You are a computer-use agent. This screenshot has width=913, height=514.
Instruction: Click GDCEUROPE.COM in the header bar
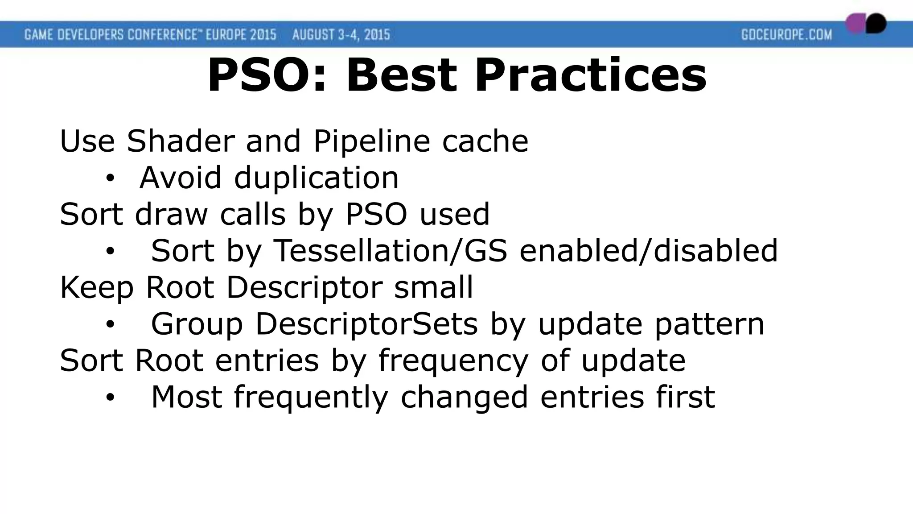click(786, 34)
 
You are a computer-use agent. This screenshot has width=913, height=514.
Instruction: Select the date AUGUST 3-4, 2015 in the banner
click(341, 34)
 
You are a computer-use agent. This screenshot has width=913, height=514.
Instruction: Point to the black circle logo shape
click(876, 23)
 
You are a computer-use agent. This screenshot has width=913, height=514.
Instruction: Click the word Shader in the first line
click(180, 141)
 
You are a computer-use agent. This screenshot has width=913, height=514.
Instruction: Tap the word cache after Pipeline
click(485, 141)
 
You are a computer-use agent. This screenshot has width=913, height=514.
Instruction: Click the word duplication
click(316, 178)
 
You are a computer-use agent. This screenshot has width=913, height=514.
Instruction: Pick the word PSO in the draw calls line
click(376, 214)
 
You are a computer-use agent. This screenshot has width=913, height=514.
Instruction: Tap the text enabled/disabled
click(649, 251)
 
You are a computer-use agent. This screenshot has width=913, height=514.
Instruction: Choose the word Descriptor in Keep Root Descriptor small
click(304, 287)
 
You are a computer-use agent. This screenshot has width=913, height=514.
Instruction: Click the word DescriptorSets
click(366, 324)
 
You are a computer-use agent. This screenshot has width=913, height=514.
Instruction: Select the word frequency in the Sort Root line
click(453, 361)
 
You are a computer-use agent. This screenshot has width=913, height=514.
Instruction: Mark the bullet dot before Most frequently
click(110, 397)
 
